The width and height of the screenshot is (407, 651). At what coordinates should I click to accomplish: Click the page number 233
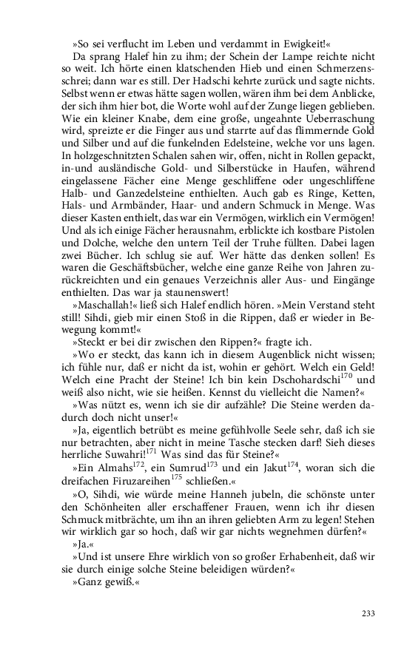tap(369, 613)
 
